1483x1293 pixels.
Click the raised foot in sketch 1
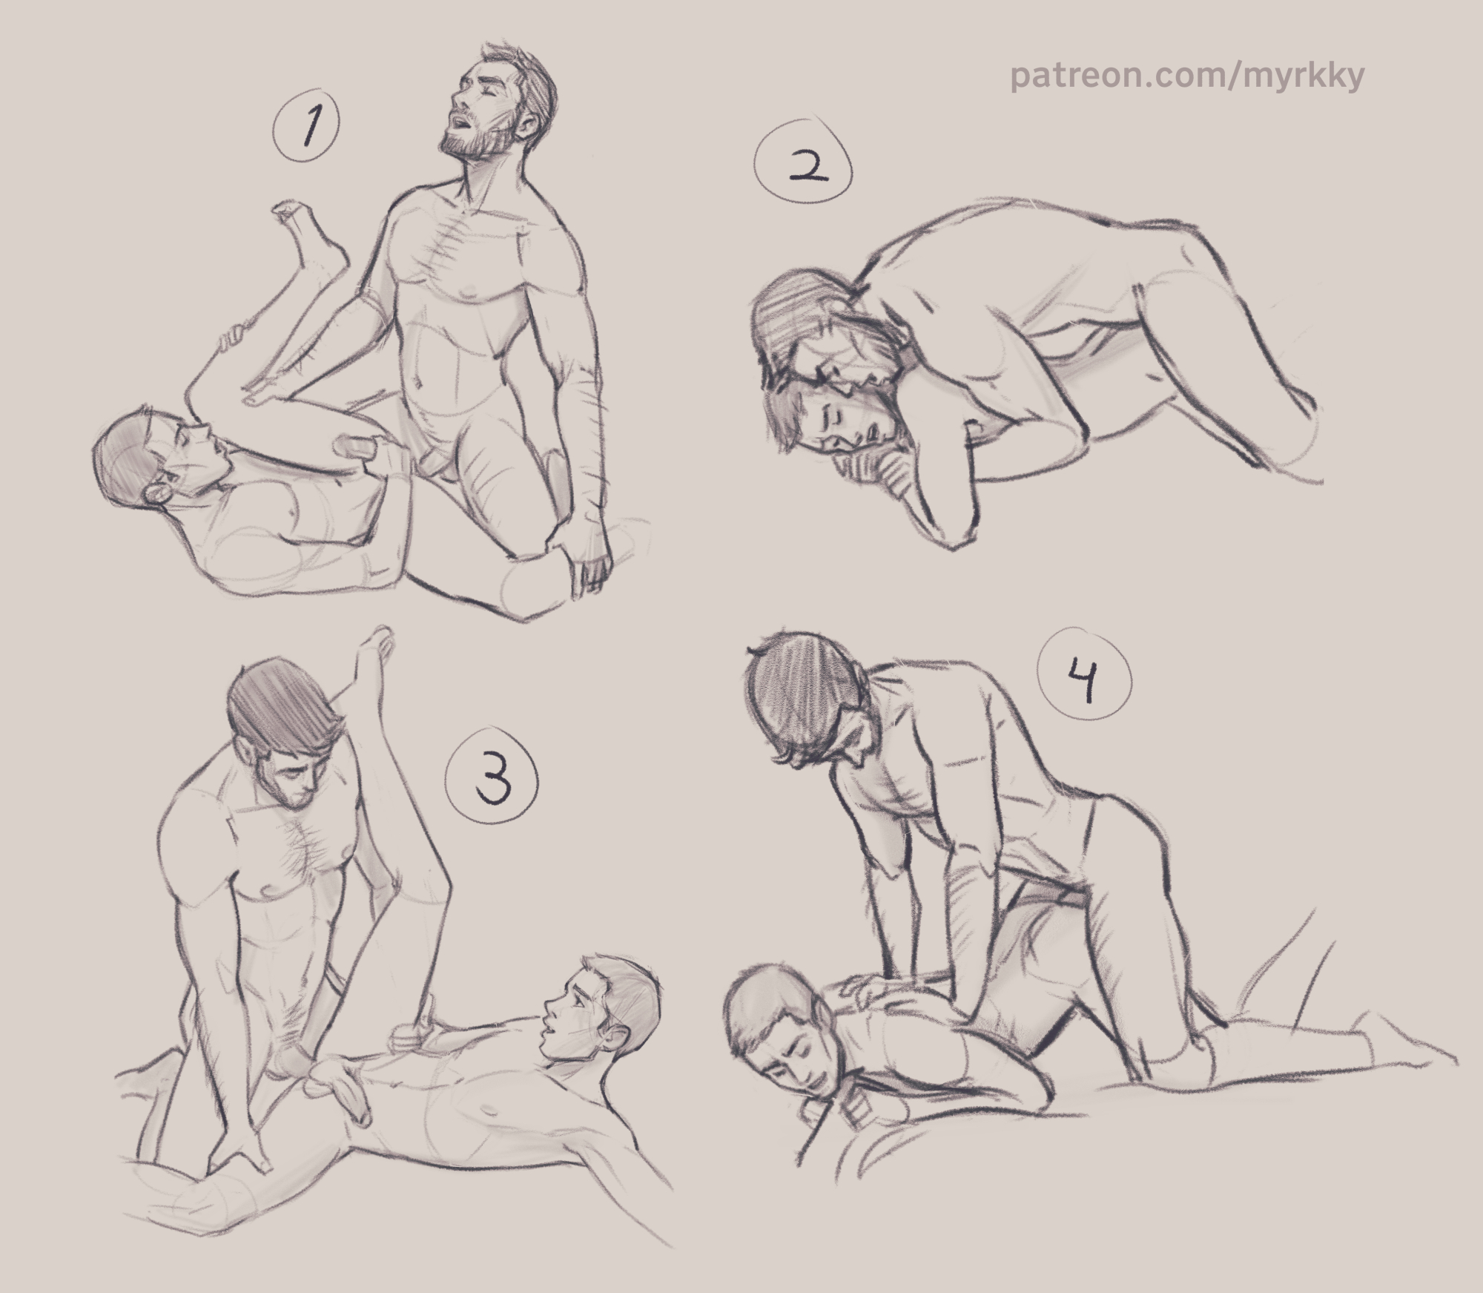304,237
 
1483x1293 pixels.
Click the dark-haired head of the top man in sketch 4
805,705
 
